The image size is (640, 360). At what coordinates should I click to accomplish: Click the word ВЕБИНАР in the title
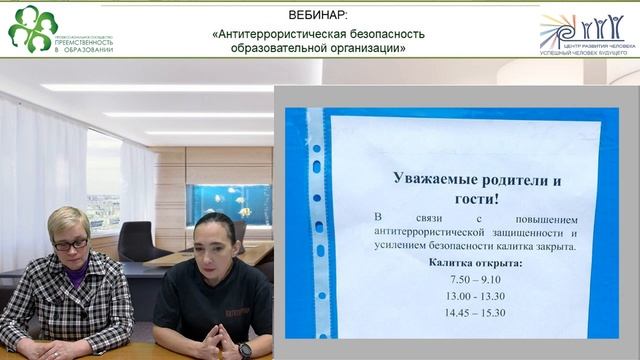[x=318, y=16]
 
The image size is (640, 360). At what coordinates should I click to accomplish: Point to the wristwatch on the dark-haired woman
[x=245, y=349]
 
